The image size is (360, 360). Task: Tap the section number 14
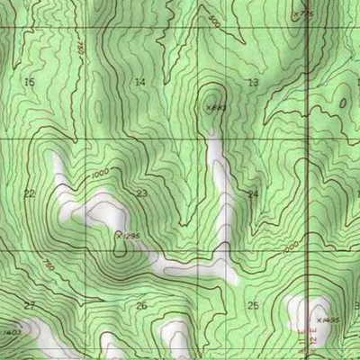(x=139, y=82)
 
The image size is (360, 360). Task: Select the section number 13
(x=253, y=82)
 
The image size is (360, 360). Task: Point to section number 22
(x=29, y=193)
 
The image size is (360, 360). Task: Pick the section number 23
(x=141, y=193)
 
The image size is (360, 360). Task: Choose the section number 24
(x=253, y=193)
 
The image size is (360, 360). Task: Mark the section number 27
(x=29, y=306)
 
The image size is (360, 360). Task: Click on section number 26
(x=141, y=306)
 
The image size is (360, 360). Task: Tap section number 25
(x=253, y=306)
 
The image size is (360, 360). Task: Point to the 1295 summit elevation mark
(x=129, y=235)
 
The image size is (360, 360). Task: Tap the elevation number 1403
(x=11, y=333)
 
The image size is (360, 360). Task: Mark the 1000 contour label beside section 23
(x=99, y=172)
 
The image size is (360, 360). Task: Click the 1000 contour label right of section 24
(x=289, y=247)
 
